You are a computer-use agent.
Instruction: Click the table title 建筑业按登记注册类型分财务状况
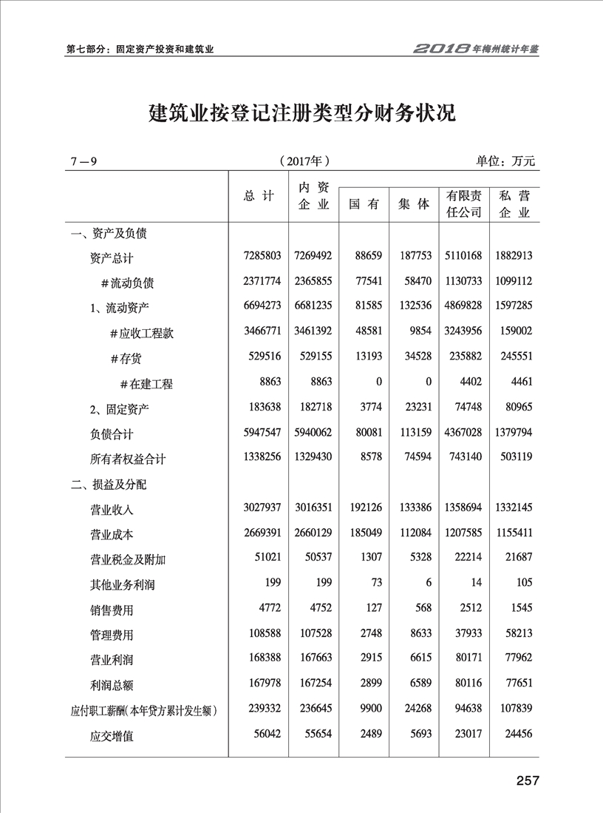coord(301,113)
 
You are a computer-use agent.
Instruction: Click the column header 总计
coord(259,196)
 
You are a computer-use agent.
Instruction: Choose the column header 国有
coord(364,204)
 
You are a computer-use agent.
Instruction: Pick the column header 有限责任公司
coord(464,203)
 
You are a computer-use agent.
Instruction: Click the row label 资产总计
coord(112,257)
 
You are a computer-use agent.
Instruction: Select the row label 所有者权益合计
coord(128,459)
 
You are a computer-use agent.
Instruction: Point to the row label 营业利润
coord(112,659)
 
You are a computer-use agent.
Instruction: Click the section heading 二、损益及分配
coord(108,485)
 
